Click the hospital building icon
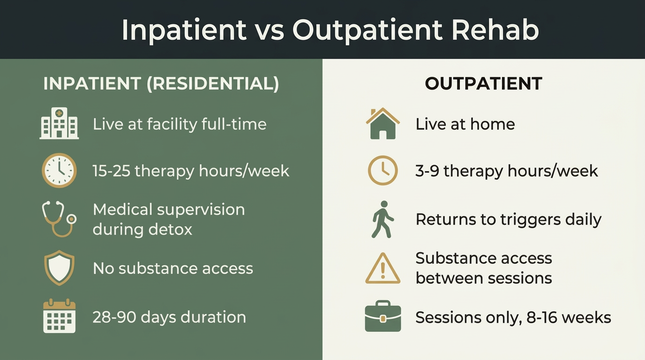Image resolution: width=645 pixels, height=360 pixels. [59, 124]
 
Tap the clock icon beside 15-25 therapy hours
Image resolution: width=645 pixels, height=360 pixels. [59, 171]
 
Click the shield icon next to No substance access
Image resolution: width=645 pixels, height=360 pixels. [59, 268]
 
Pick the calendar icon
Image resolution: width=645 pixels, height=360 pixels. [59, 316]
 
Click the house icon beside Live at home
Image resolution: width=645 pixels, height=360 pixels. [382, 124]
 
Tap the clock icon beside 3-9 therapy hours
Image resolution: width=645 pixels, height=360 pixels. [382, 171]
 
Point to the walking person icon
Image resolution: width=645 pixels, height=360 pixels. [382, 219]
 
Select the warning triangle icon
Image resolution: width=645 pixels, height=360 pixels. [382, 269]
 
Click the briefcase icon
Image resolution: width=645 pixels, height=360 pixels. [382, 316]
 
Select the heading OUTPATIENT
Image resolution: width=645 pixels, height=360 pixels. [483, 84]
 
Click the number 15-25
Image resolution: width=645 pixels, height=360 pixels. [111, 171]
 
